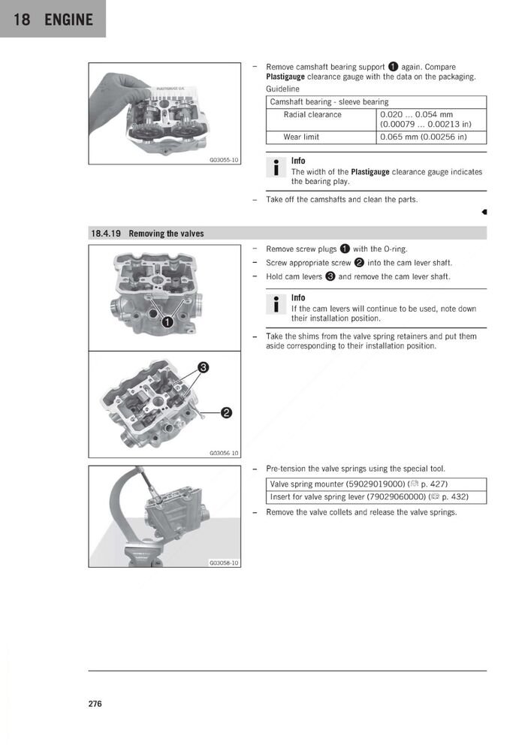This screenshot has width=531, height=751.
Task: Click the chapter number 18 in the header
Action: tap(22, 19)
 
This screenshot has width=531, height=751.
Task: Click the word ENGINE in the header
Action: tap(68, 19)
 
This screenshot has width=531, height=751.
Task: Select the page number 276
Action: tap(95, 704)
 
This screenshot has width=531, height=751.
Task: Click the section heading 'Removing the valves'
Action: tap(166, 234)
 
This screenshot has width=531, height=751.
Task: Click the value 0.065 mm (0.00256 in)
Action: tap(424, 137)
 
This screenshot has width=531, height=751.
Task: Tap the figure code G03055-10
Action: tap(224, 160)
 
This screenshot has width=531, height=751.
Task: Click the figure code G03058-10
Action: tap(224, 562)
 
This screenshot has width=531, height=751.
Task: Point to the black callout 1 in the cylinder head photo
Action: tap(167, 321)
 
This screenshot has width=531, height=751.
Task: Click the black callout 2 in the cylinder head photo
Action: tap(226, 412)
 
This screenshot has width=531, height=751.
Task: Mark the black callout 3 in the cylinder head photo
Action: tap(202, 367)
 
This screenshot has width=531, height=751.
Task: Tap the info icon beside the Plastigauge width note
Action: tap(276, 167)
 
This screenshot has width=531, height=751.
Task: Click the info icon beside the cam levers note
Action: tap(276, 304)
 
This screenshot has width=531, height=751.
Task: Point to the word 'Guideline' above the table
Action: tap(282, 89)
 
